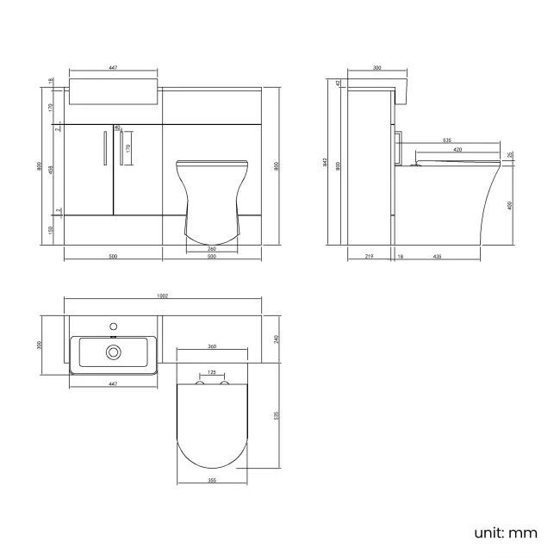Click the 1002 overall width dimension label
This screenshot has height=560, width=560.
(162, 296)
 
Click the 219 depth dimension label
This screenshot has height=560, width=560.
(368, 257)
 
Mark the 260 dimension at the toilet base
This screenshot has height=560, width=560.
(211, 250)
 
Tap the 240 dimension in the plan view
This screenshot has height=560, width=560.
(276, 339)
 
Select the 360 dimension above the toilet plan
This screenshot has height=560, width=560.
(211, 346)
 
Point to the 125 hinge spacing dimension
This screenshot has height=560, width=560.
(211, 373)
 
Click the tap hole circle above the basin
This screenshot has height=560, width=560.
(112, 327)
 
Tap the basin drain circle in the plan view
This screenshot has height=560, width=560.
(112, 352)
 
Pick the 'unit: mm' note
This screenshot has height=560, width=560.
(505, 532)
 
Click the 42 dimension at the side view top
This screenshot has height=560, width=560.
(339, 83)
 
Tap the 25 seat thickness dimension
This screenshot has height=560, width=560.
(510, 155)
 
